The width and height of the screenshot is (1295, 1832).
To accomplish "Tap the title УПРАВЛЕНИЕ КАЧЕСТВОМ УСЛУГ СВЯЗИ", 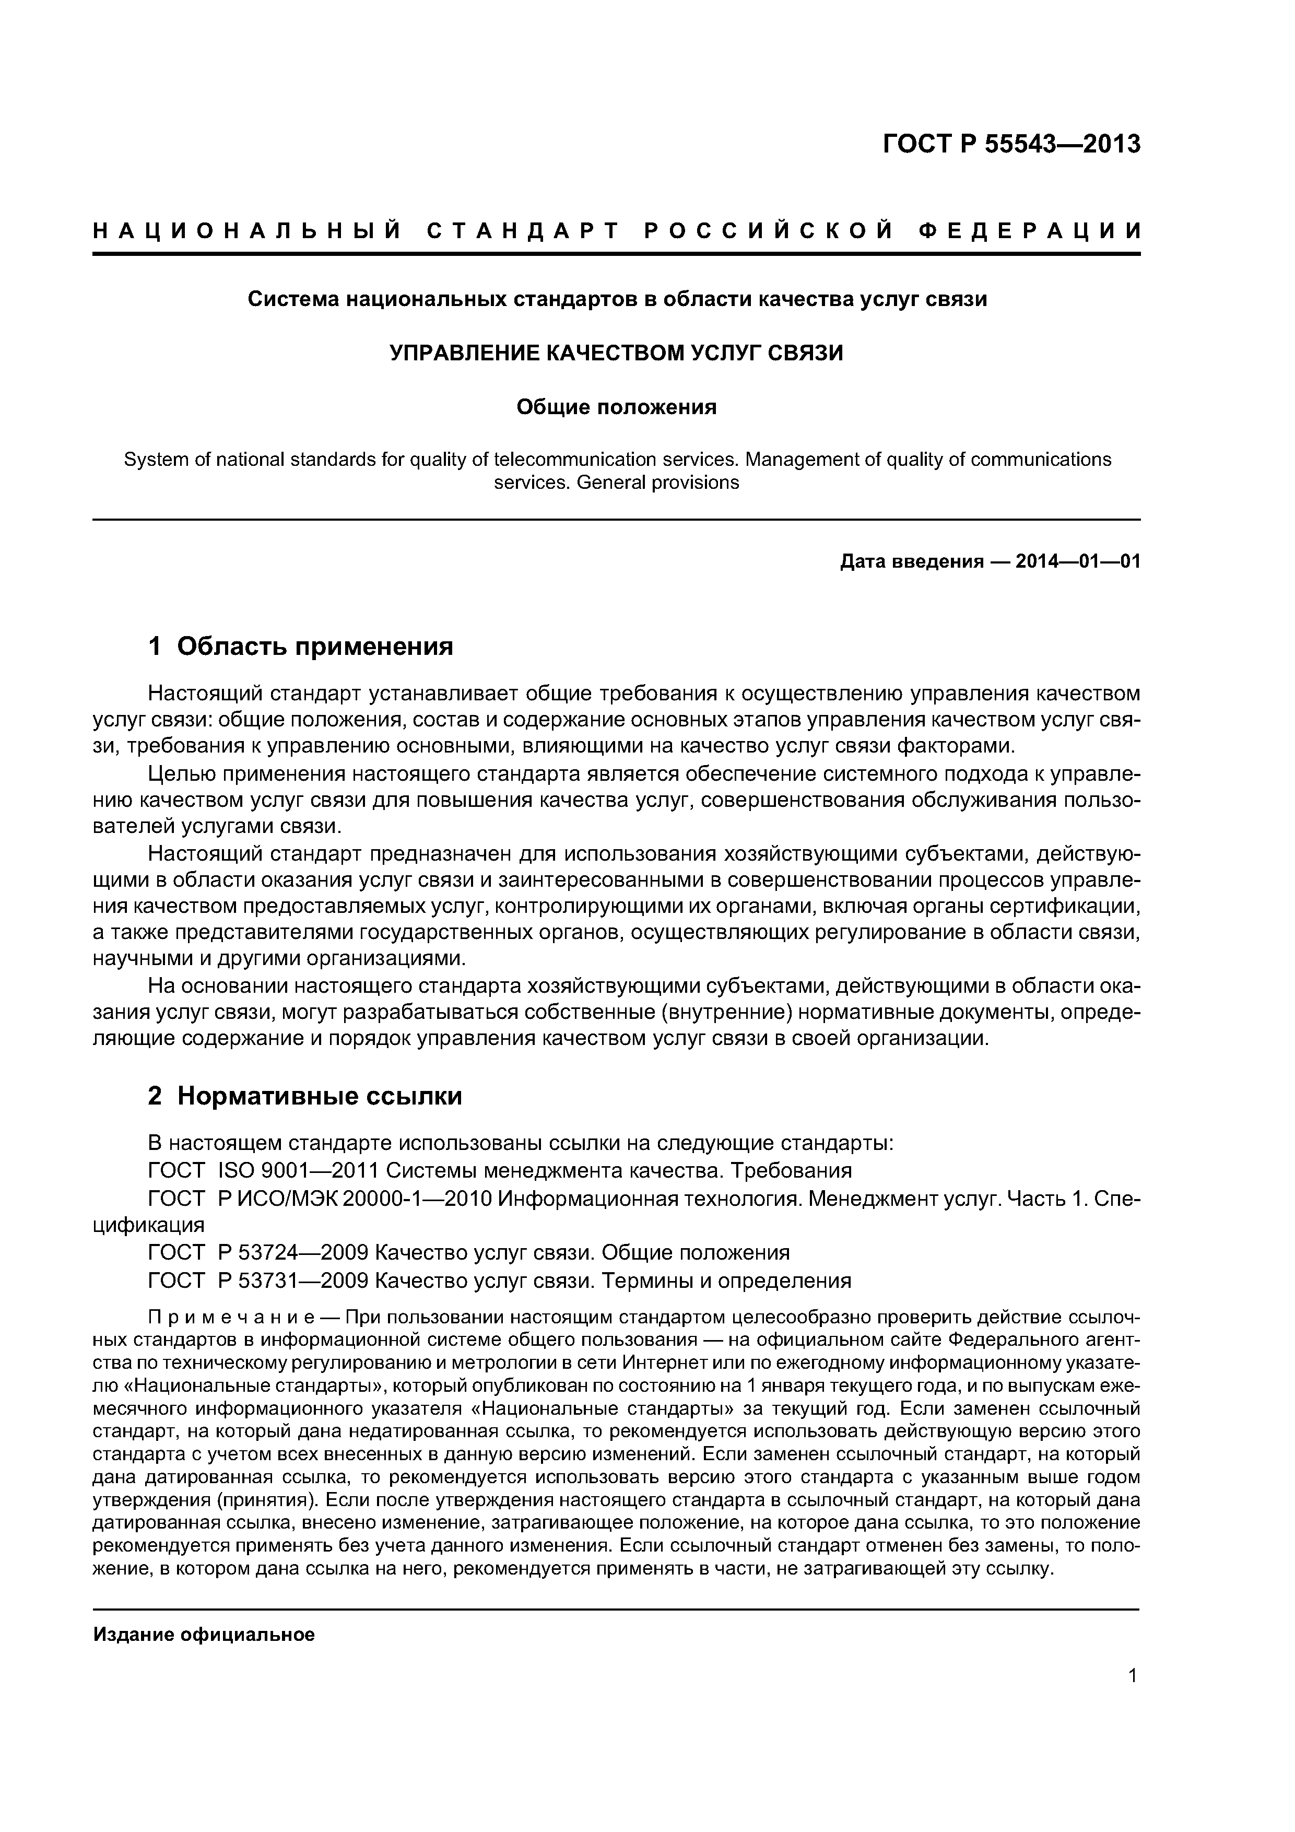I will coord(616,353).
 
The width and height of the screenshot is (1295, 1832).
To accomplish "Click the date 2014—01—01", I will coord(1077,562).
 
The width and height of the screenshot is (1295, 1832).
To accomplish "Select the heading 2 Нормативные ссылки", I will coord(305,1096).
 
